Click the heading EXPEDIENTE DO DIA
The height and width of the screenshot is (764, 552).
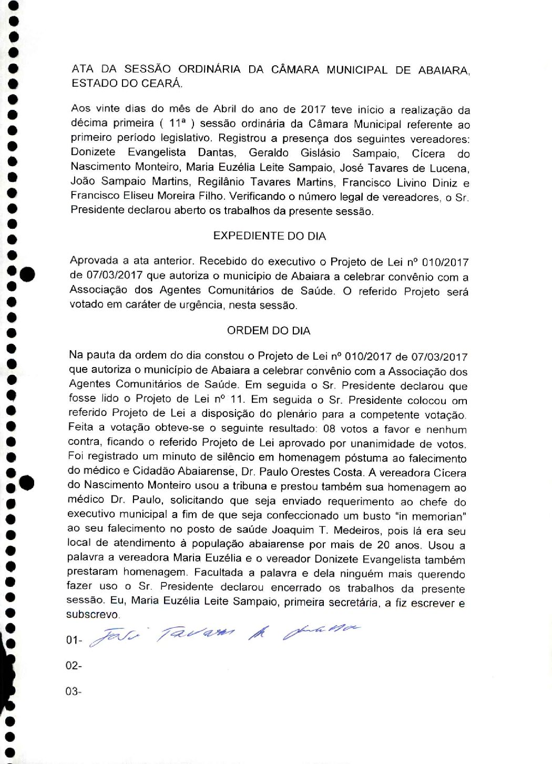click(269, 236)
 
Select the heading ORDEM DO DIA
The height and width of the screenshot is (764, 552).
click(269, 331)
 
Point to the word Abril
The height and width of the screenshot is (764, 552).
click(225, 109)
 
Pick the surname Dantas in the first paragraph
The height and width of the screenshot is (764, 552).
click(217, 152)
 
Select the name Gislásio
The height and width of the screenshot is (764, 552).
click(320, 153)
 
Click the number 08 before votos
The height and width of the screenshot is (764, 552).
click(329, 429)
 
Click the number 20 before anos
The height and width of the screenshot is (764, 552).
click(383, 545)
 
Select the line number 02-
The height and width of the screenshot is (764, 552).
click(74, 666)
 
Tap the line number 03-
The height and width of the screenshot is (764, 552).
click(74, 691)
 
